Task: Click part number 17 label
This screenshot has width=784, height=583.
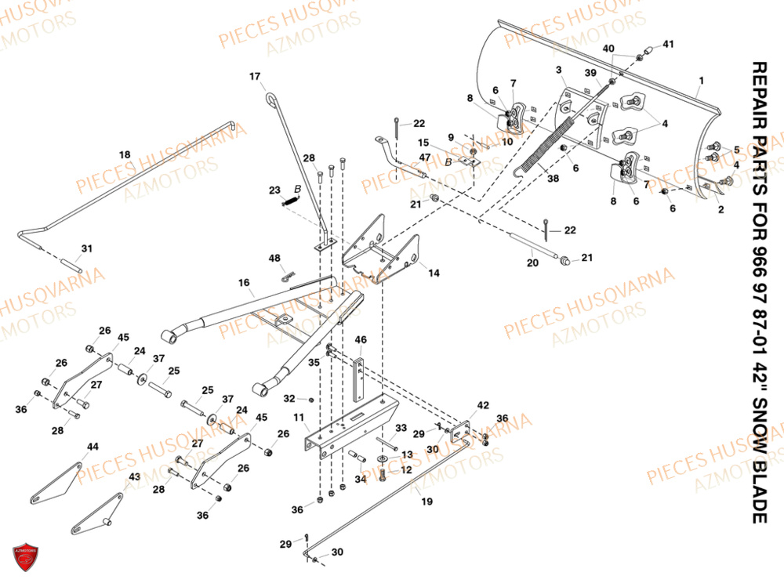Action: coord(255,77)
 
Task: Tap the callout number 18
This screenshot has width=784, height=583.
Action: coord(125,155)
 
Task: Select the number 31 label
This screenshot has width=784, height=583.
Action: coord(87,248)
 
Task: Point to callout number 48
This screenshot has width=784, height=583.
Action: coord(274,259)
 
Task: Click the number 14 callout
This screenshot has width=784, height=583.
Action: coord(434,273)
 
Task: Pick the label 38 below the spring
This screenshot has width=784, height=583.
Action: coord(553,179)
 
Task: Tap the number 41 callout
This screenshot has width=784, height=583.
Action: coord(669,45)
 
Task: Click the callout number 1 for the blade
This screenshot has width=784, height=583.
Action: coord(702,81)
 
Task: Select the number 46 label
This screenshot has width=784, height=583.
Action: coord(361,340)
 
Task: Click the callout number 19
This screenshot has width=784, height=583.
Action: coord(426,501)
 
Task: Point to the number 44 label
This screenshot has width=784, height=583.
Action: coord(93,447)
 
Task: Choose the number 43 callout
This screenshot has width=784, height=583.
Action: coord(135,476)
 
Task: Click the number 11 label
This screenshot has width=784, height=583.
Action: coord(299,417)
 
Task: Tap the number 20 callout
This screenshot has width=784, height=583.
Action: coord(532,263)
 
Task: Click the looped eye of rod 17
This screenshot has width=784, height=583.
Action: coord(271,99)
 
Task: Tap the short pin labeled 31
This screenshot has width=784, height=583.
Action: coord(72,266)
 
